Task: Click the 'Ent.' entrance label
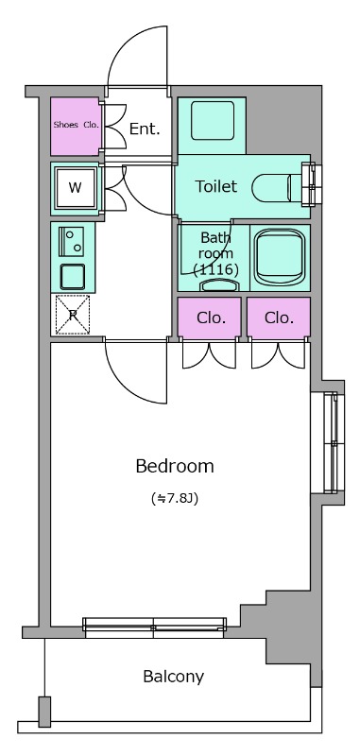click(145, 129)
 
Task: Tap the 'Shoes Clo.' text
click(77, 125)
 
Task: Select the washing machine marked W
click(76, 187)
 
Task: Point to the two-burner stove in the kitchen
click(71, 242)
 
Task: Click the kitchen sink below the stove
click(73, 276)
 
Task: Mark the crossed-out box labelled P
click(73, 315)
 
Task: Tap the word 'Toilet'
click(215, 186)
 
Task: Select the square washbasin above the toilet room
click(213, 121)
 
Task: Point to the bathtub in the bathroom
click(280, 257)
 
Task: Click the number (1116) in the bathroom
click(215, 270)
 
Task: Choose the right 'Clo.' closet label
click(280, 318)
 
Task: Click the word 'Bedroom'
click(175, 466)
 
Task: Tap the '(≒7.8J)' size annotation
click(175, 499)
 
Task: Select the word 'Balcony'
click(174, 677)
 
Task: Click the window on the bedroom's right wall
click(331, 443)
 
